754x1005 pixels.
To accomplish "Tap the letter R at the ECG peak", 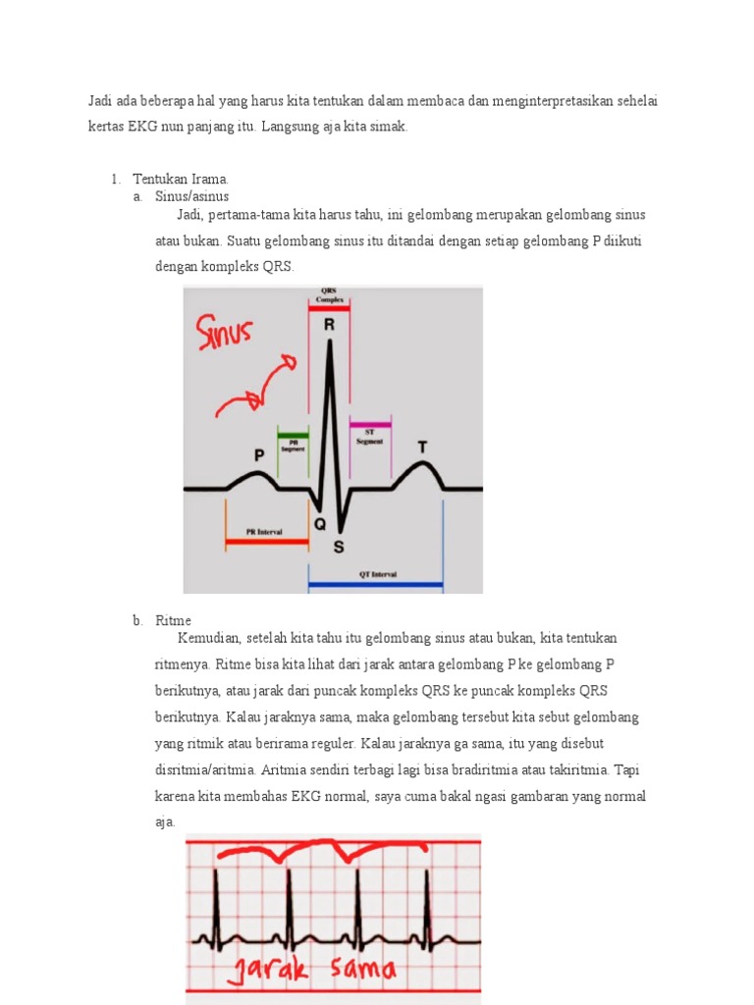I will [x=329, y=324].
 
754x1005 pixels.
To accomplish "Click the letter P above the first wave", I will [x=259, y=455].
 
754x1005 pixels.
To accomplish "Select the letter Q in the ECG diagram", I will [x=320, y=524].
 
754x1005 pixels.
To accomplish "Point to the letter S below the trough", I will [x=339, y=546].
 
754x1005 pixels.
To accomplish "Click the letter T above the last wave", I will [x=422, y=448].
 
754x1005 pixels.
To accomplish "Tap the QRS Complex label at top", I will [x=329, y=294].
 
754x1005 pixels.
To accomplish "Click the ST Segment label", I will [x=370, y=436].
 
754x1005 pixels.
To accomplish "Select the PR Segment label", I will [x=293, y=445].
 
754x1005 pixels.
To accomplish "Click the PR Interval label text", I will [x=265, y=530].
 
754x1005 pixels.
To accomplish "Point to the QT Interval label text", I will [x=375, y=575].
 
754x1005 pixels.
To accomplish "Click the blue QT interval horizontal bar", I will [x=375, y=587].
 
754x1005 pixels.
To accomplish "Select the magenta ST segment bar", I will [x=370, y=423].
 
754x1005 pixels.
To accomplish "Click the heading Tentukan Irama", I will [x=181, y=179].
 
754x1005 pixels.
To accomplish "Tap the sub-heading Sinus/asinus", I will [x=191, y=196].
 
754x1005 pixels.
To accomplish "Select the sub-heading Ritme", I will [x=173, y=620].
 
